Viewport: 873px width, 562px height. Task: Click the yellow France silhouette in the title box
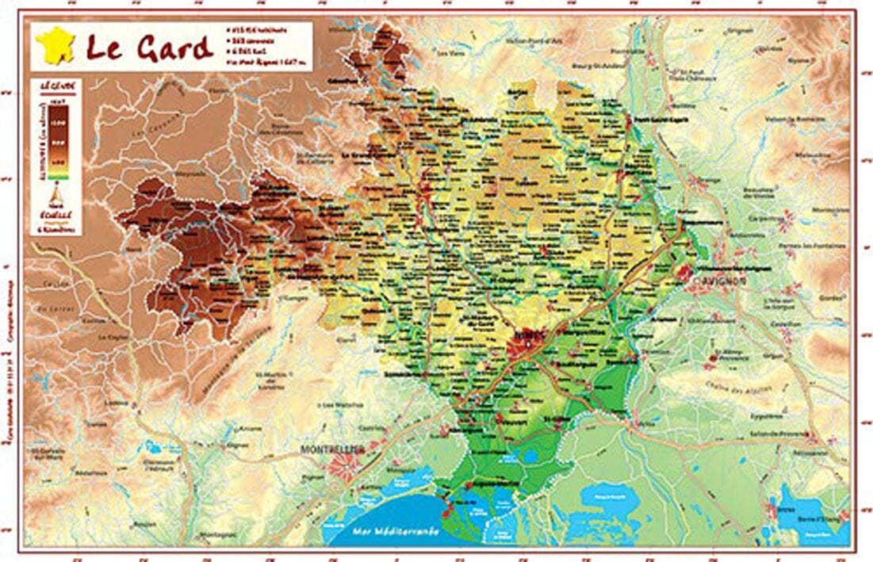pos(55,44)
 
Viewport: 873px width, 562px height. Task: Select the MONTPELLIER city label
pos(331,449)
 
